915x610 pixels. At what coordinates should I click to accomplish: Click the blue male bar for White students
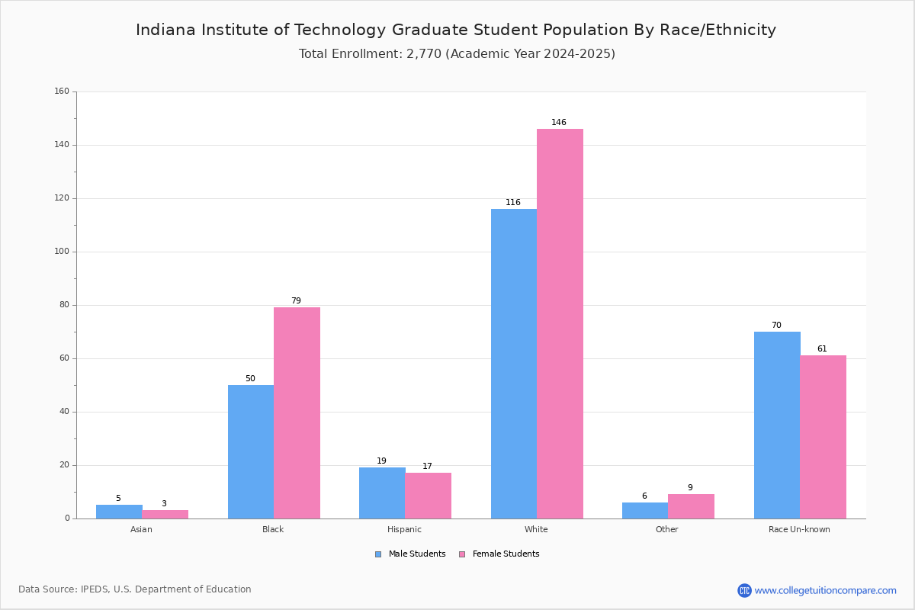(514, 364)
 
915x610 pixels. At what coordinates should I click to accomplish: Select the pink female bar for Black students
(297, 413)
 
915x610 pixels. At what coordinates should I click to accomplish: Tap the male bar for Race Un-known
(777, 425)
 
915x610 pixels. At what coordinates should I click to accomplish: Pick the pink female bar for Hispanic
(428, 496)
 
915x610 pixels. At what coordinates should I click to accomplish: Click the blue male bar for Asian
(119, 512)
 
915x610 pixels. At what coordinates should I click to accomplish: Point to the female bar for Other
(691, 506)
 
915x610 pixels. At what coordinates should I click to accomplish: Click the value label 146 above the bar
(559, 122)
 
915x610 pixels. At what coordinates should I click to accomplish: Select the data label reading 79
(296, 300)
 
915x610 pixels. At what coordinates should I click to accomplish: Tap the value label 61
(822, 349)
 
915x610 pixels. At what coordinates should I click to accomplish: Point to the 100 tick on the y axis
(62, 252)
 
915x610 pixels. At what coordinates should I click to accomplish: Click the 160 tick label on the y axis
(62, 91)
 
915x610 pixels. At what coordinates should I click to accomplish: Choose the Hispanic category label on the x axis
(404, 529)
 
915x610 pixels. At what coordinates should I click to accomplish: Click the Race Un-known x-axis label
(799, 529)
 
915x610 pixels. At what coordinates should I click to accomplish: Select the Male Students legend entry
(410, 554)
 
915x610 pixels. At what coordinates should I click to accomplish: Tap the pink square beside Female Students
(462, 554)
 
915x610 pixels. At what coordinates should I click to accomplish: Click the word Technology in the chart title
(340, 30)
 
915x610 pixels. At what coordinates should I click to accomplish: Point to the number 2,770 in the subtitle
(424, 54)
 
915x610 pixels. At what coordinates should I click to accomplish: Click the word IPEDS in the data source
(95, 589)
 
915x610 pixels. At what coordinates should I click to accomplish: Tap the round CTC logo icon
(744, 590)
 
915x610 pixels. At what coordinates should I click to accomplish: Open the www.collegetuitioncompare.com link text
(826, 591)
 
